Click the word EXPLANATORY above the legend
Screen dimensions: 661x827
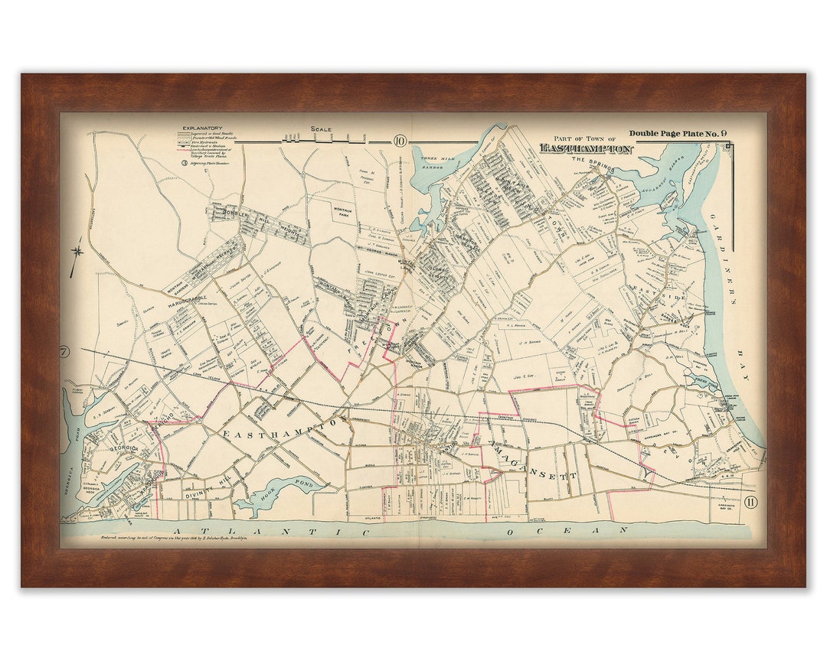(202, 129)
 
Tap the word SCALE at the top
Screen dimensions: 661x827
(321, 129)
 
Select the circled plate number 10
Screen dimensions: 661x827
(400, 140)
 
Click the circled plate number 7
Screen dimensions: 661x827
(64, 353)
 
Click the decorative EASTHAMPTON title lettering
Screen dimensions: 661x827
(586, 148)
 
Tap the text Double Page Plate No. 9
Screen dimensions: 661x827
(678, 134)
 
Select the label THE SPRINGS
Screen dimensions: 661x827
(588, 160)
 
